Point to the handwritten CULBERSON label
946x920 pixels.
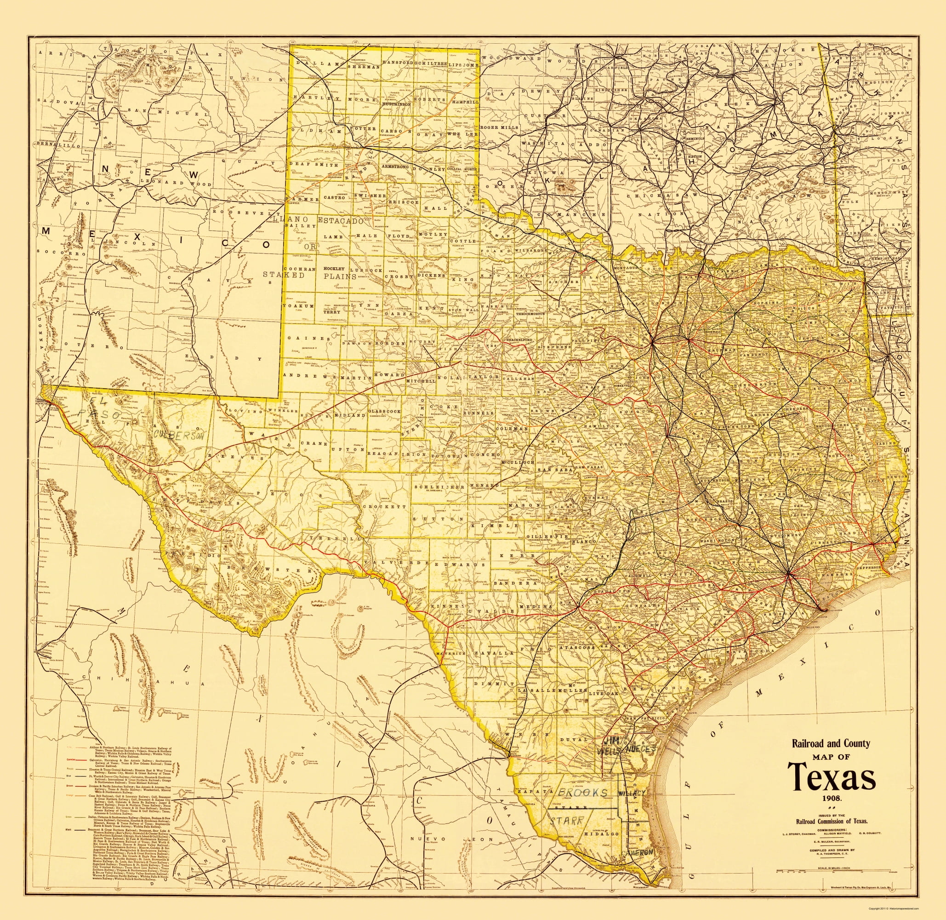click(176, 434)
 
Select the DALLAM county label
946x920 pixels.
click(313, 63)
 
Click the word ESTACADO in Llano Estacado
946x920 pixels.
click(340, 220)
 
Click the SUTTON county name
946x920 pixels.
click(439, 518)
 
